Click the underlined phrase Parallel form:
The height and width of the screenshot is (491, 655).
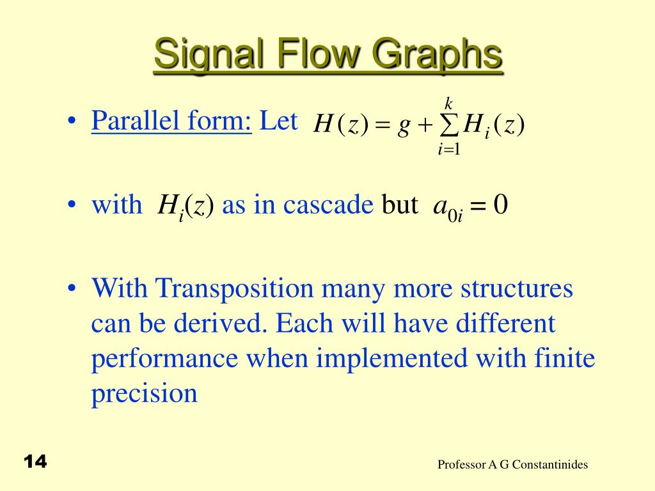[x=171, y=121]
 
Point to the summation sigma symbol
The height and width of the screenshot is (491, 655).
[x=450, y=127]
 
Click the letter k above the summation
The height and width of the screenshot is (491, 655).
[x=449, y=103]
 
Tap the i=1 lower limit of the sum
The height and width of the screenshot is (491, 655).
[x=449, y=150]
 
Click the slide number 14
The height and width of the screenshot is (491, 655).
[x=36, y=462]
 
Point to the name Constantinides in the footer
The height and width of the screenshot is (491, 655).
[x=549, y=465]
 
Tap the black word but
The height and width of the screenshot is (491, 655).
[x=400, y=205]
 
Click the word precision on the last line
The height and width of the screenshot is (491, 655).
[x=144, y=393]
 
